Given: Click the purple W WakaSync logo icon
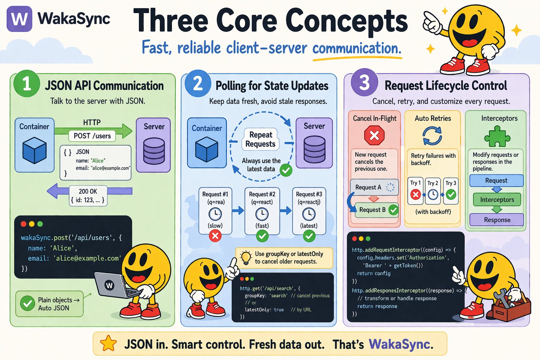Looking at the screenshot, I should [19, 19].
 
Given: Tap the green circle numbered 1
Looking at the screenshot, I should [26, 84].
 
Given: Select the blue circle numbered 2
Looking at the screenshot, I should [198, 84].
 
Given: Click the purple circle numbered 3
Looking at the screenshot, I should [364, 83].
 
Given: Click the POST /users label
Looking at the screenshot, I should [92, 136].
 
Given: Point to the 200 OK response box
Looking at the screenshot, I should [88, 195].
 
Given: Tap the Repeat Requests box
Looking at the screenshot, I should [261, 139].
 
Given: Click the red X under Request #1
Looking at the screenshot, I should [215, 236].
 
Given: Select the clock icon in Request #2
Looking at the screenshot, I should [262, 214].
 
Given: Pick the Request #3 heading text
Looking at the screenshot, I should [309, 194].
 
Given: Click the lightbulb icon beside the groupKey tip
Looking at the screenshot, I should [246, 257].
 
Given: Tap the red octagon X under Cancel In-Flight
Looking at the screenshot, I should [374, 135].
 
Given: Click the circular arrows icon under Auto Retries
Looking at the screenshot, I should [432, 136].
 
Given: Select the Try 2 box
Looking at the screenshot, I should [433, 191].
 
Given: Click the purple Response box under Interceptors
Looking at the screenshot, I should [497, 220].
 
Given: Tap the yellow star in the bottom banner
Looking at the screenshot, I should [108, 343].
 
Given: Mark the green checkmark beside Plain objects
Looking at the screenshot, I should [27, 303].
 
